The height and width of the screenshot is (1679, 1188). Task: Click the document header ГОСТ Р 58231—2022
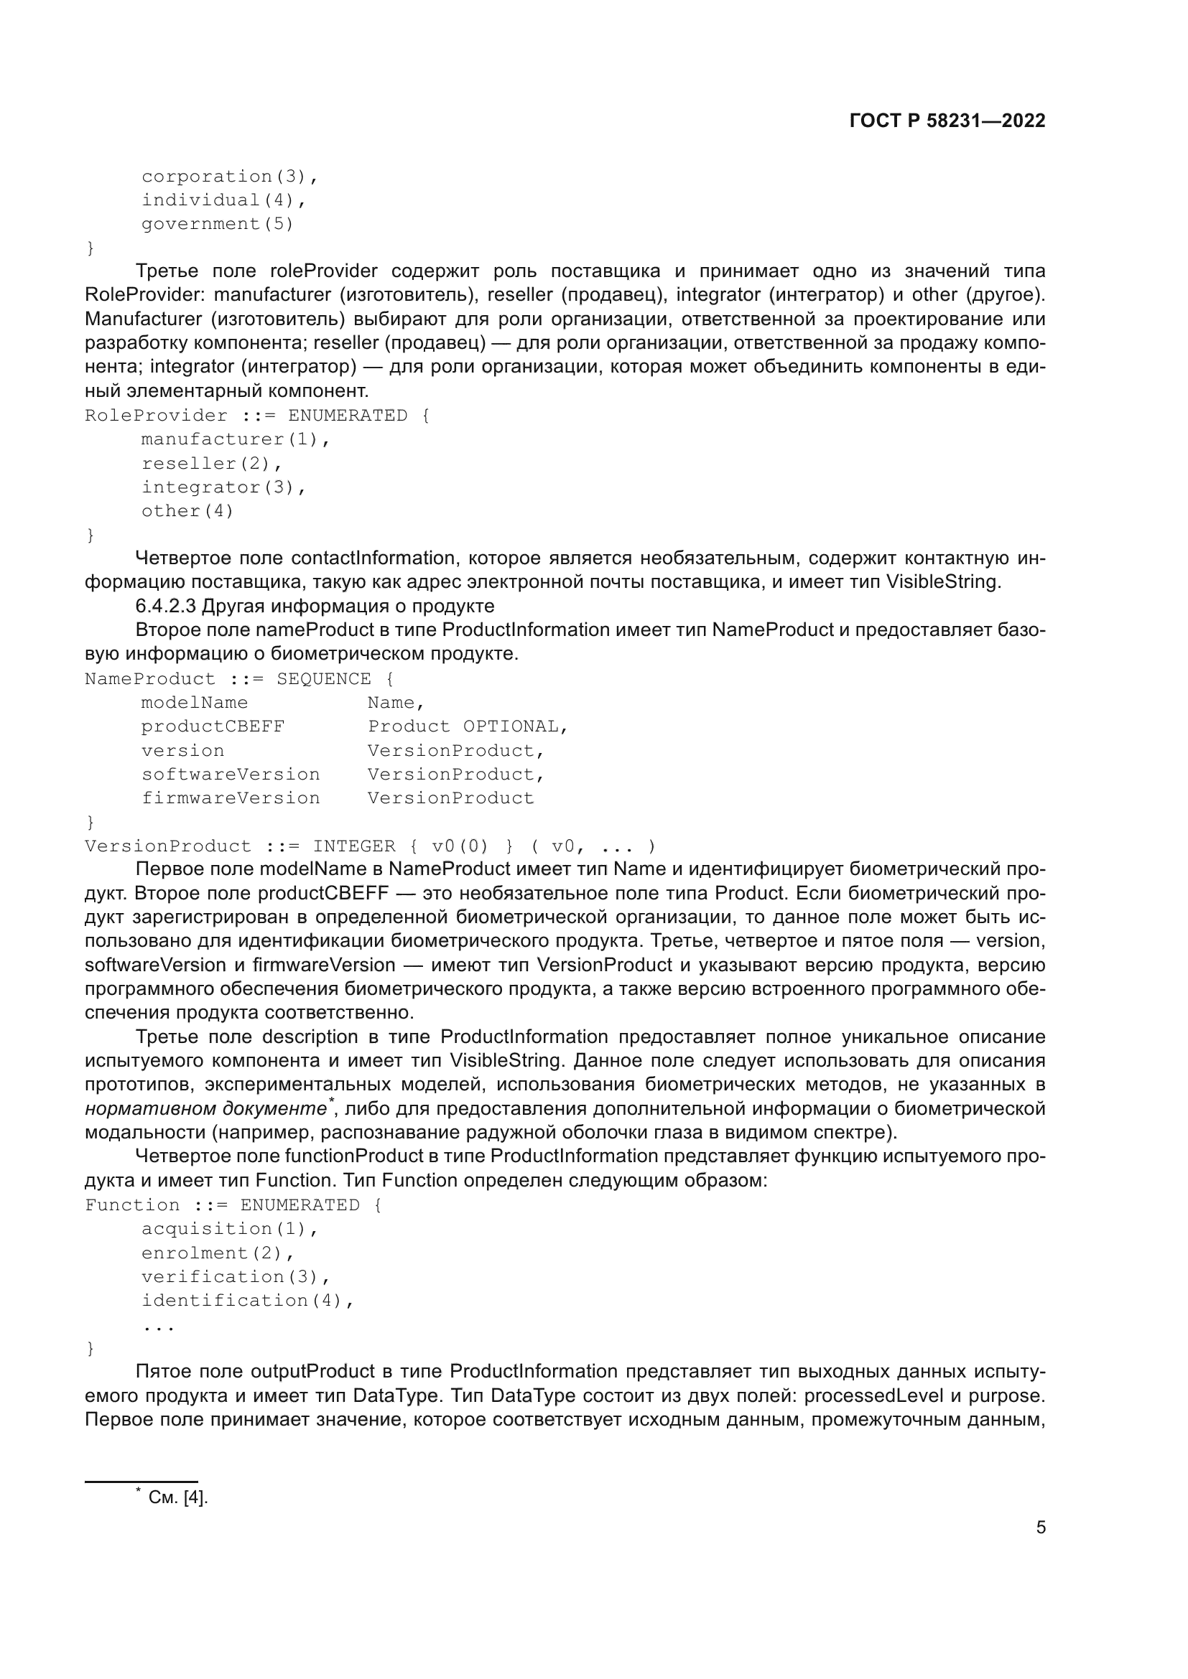947,121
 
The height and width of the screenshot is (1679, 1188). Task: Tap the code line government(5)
217,224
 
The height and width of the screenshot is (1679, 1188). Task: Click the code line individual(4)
223,200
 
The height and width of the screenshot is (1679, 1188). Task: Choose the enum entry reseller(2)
211,463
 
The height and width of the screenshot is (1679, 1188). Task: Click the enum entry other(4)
187,510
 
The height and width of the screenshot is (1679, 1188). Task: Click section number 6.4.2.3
166,607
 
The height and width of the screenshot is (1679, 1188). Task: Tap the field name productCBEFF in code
213,726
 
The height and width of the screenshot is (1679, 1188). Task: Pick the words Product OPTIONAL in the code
467,726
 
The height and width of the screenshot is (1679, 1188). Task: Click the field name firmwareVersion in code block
231,798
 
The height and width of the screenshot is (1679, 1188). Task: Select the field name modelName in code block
195,703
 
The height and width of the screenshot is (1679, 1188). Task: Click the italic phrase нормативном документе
205,1109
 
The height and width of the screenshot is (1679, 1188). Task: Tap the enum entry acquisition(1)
230,1229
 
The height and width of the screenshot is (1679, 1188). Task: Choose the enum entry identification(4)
247,1301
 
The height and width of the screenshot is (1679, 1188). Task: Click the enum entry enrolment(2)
217,1253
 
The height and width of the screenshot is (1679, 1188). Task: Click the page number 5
1040,1528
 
